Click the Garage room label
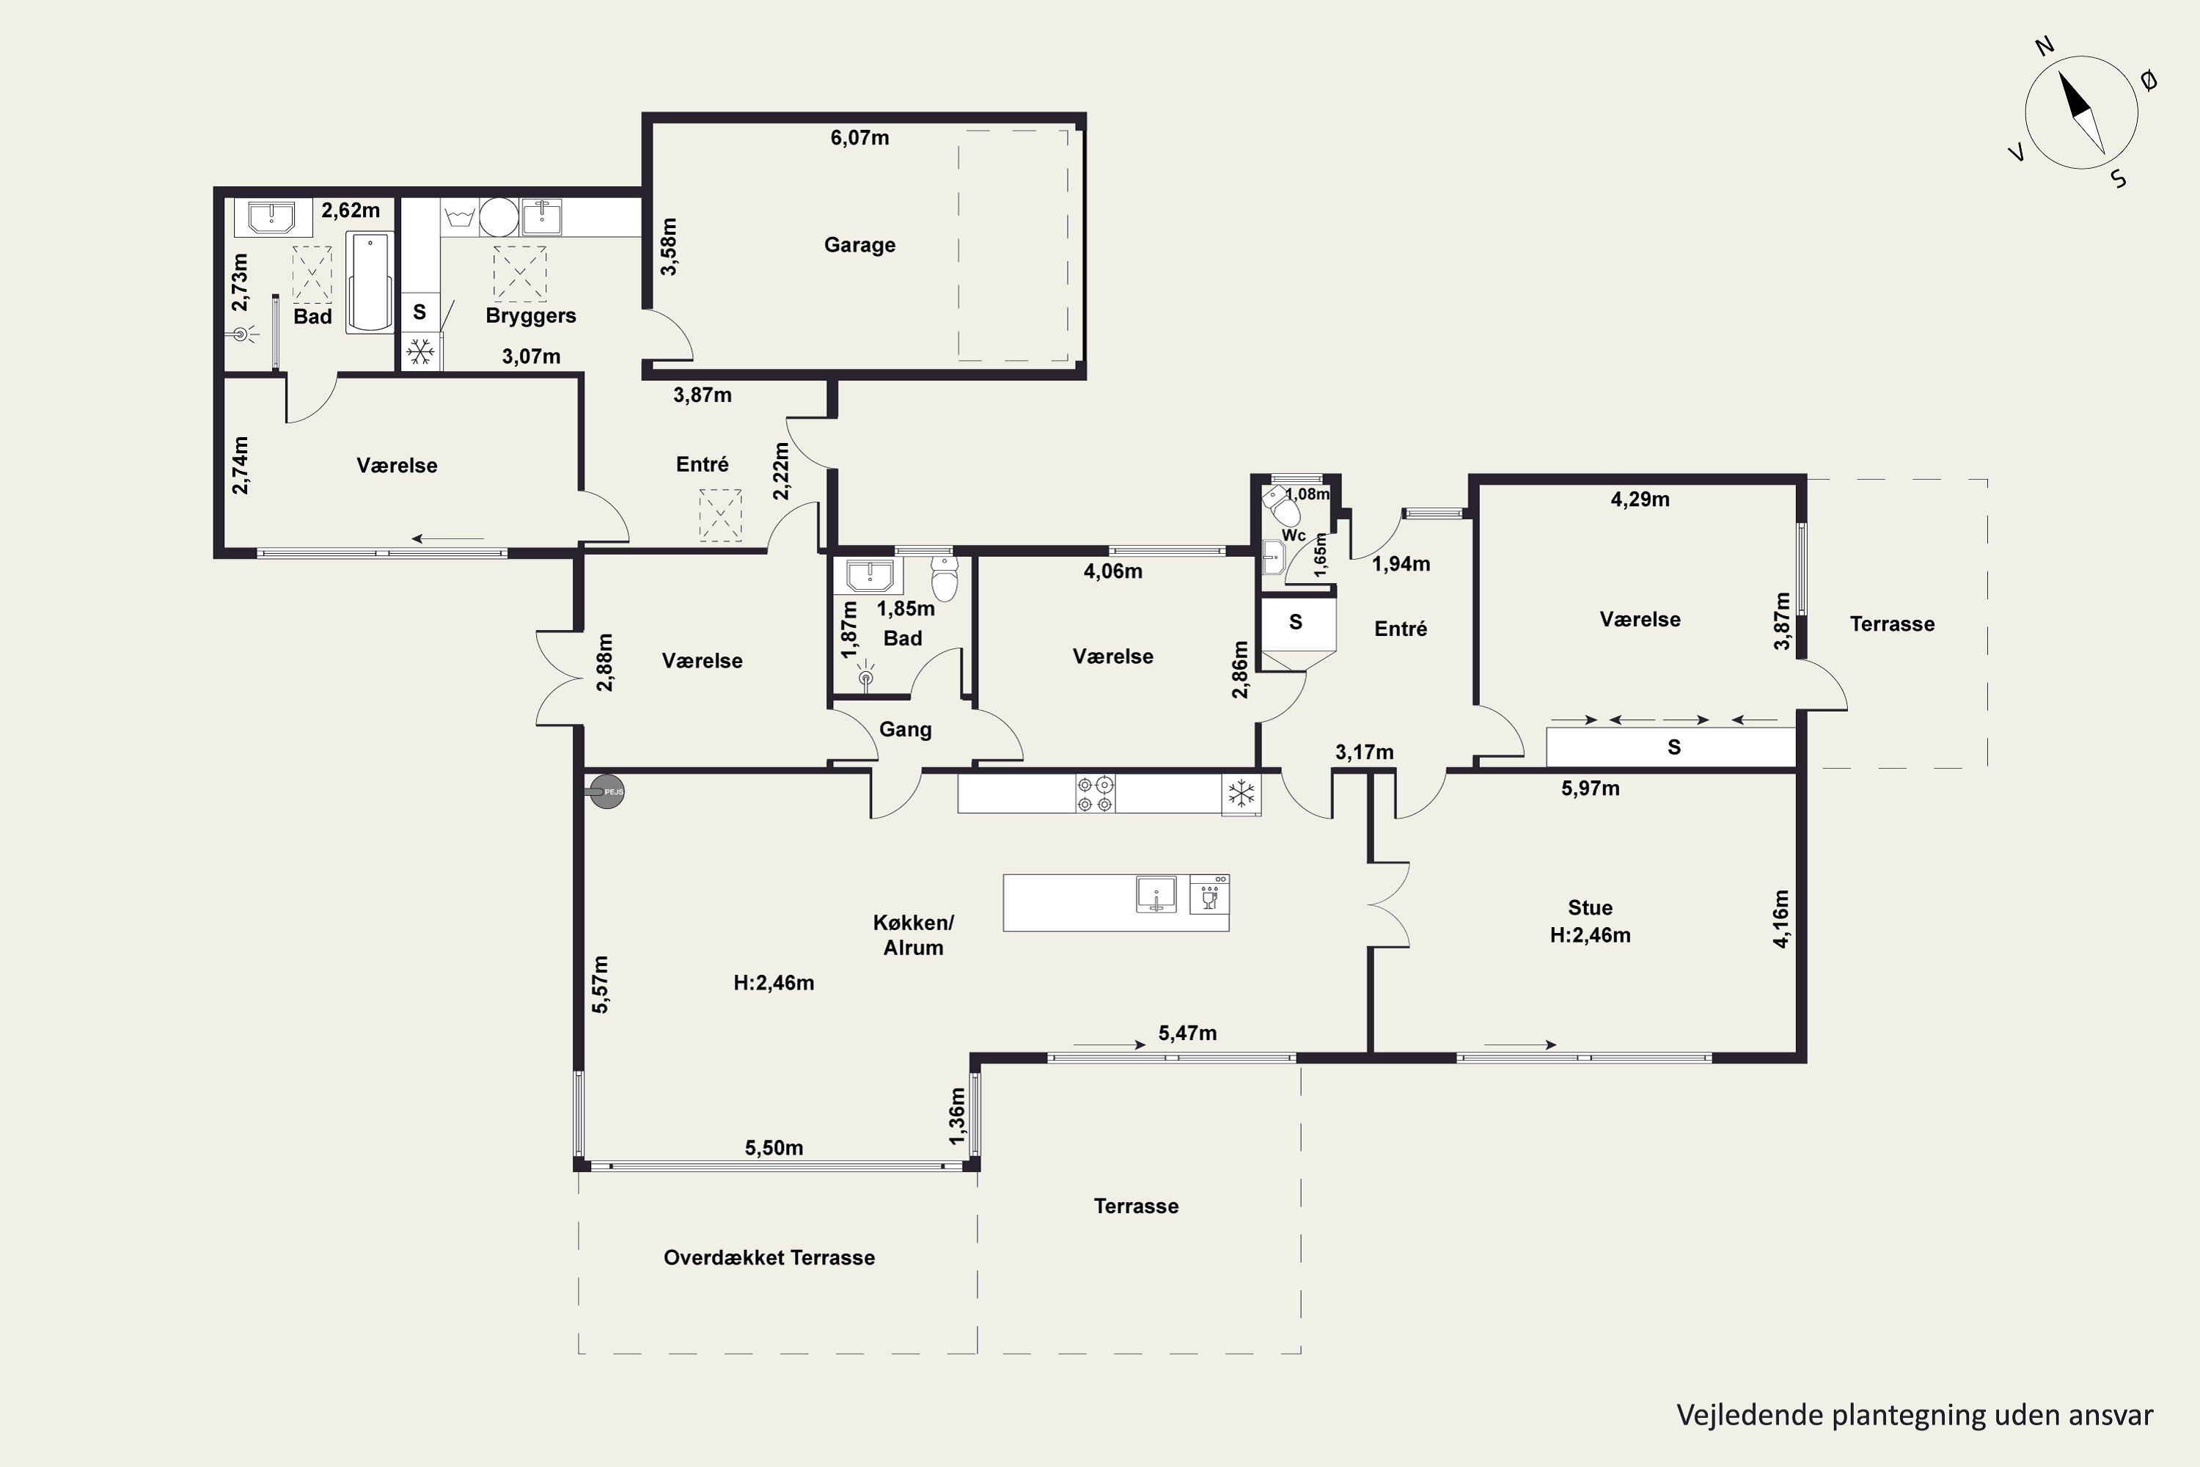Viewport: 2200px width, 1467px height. (x=859, y=245)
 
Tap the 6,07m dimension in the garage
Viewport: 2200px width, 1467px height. (x=859, y=138)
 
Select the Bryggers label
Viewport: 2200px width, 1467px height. (x=530, y=316)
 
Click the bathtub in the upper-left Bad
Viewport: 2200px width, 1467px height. (x=370, y=282)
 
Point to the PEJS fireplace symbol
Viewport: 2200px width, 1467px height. (x=606, y=792)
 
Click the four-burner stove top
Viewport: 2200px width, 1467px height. (x=1094, y=794)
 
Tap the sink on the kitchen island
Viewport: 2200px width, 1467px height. (x=1156, y=894)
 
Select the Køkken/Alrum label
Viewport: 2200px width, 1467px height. (x=913, y=934)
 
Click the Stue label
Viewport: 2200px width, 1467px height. (x=1590, y=907)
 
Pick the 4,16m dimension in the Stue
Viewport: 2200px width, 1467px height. (x=1781, y=919)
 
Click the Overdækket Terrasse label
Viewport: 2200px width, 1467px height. (x=769, y=1257)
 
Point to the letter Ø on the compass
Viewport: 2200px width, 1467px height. (x=2149, y=81)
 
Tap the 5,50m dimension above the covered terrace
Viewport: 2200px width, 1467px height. (x=774, y=1148)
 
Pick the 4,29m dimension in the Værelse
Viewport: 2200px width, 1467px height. (x=1640, y=500)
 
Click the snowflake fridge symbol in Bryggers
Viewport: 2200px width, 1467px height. (x=421, y=352)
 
